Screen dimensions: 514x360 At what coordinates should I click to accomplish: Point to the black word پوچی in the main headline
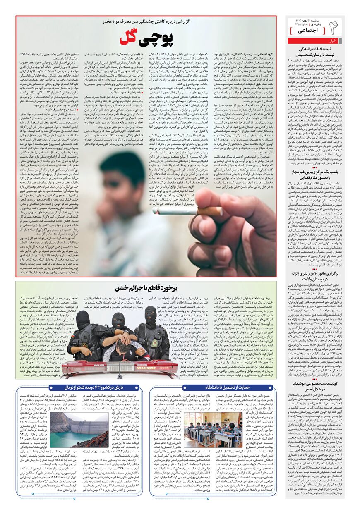pyautogui.click(x=156, y=38)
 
